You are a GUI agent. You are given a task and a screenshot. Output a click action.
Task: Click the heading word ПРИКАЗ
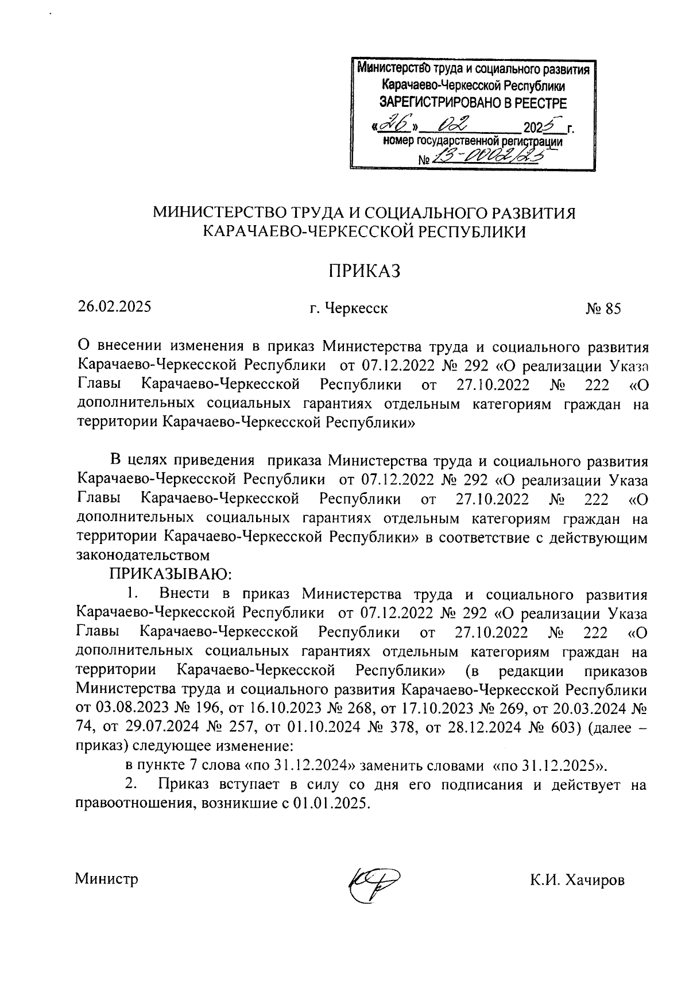point(363,271)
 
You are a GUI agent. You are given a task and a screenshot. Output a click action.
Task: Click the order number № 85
point(603,309)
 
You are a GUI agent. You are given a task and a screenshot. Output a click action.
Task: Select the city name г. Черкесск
point(349,309)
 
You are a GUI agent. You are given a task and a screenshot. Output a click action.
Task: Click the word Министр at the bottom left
point(107,879)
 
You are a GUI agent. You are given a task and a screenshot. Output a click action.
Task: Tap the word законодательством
point(142,555)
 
